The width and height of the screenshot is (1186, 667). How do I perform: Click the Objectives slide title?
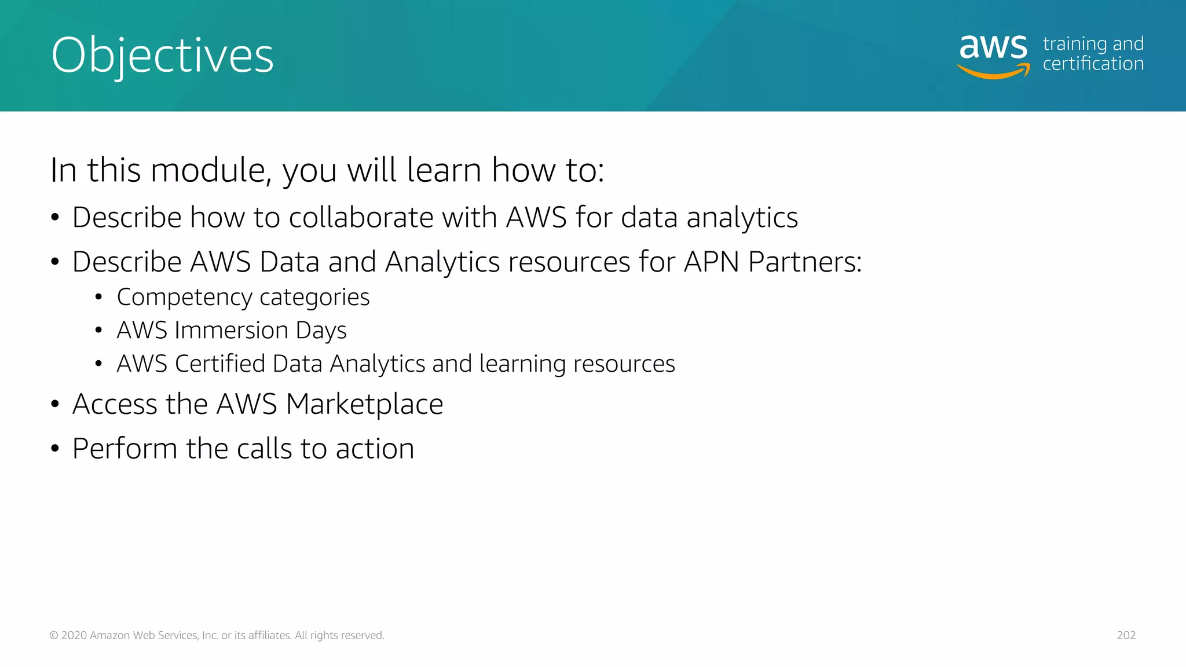point(162,56)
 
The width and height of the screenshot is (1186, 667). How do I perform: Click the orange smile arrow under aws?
point(994,72)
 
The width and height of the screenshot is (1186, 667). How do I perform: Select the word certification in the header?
point(1093,64)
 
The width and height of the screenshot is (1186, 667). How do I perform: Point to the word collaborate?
point(361,218)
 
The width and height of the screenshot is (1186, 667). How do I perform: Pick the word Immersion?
point(232,331)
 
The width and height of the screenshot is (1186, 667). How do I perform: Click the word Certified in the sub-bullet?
point(220,364)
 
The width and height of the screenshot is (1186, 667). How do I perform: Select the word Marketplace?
point(364,404)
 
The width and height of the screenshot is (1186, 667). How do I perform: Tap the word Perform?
point(125,449)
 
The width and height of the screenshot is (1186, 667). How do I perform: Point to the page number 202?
point(1126,635)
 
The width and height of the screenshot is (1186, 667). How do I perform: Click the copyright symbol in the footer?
point(54,635)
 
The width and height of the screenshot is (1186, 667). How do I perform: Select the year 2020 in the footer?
point(74,635)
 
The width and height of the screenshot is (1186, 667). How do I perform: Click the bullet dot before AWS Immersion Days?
point(98,331)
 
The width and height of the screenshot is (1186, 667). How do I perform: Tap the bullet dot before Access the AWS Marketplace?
point(55,404)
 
